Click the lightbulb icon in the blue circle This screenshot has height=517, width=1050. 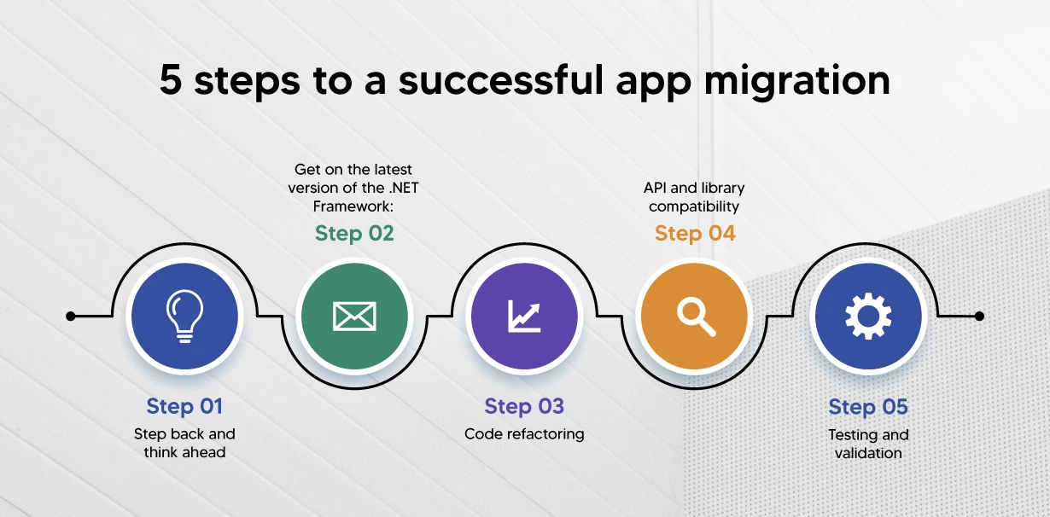(184, 316)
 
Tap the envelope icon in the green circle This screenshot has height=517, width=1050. (354, 317)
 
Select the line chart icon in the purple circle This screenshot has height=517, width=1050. (524, 316)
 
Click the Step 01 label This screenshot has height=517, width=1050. (185, 406)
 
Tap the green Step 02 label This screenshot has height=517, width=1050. (354, 234)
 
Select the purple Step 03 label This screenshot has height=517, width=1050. (524, 406)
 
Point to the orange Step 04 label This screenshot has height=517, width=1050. (695, 234)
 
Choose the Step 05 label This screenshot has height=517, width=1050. (868, 407)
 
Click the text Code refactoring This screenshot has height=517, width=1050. (524, 434)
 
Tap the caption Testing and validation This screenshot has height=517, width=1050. (868, 444)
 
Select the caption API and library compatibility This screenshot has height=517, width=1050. (695, 197)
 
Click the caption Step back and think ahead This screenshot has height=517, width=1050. (185, 443)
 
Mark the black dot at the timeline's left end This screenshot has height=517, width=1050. (71, 317)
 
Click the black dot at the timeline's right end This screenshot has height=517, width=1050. (979, 317)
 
